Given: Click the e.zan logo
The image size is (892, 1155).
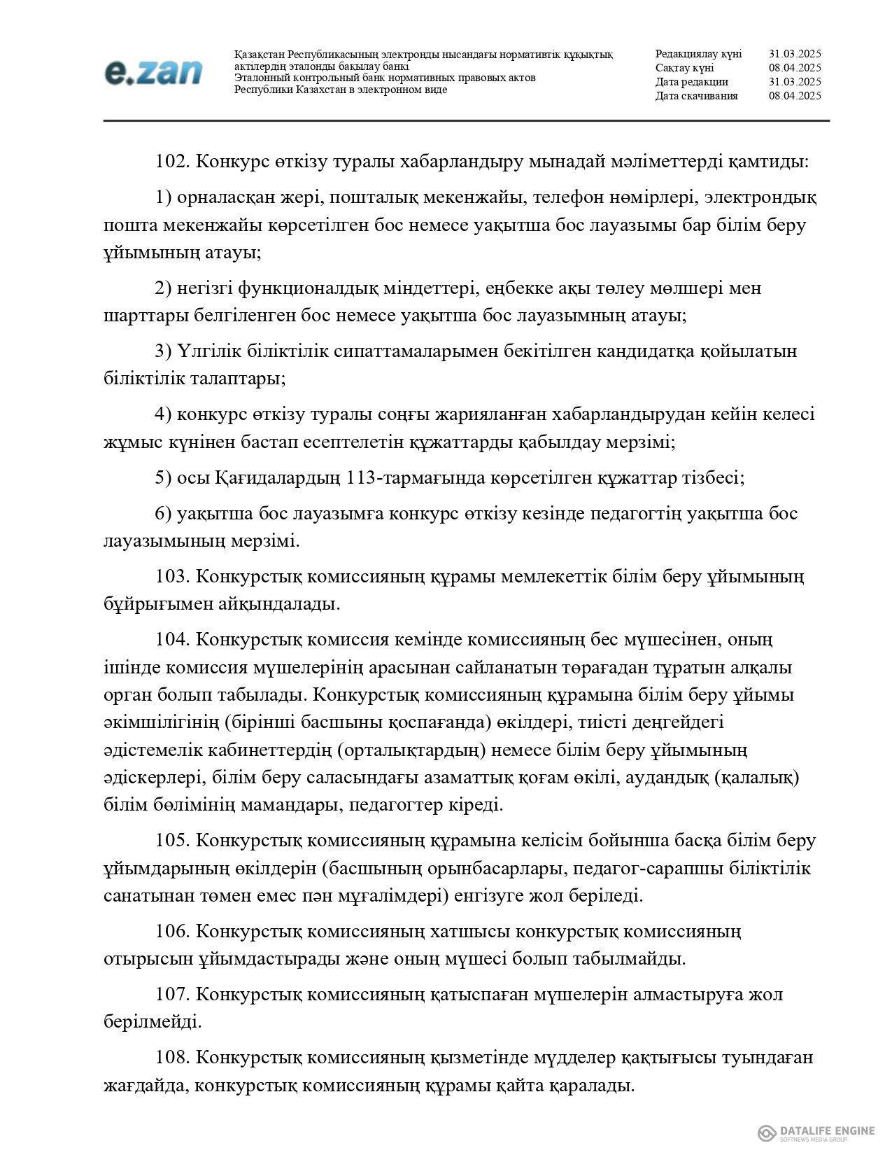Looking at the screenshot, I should point(153,72).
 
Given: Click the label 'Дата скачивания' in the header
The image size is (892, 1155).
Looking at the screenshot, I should point(696,96).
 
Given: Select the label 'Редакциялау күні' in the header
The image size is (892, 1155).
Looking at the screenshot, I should point(698,54).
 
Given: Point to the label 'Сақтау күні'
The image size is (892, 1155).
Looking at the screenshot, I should point(684,68).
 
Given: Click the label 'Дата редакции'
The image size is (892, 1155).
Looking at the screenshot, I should point(691,82).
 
